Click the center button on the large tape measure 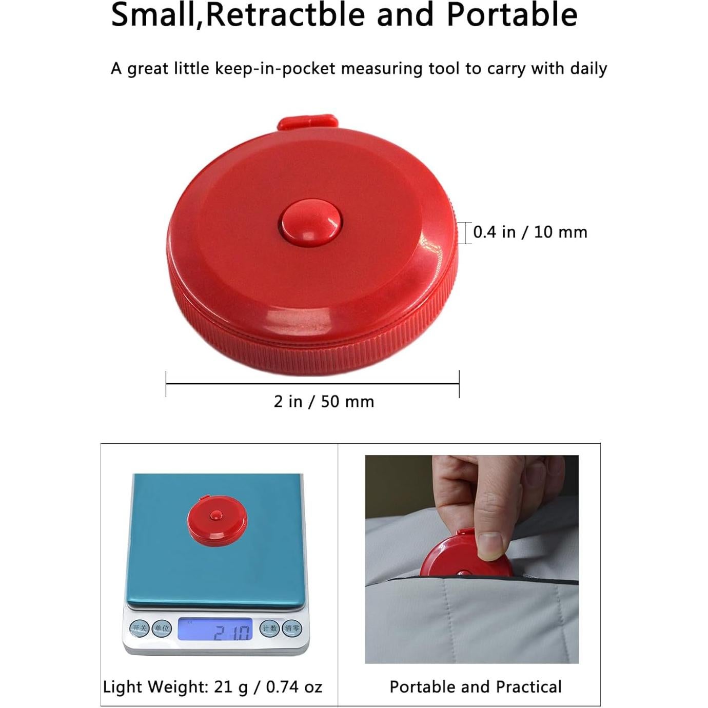309,222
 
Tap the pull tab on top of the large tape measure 308,123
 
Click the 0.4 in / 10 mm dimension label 529,232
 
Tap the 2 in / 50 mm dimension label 324,401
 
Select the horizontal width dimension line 312,383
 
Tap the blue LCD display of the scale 215,630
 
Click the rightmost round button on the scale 292,628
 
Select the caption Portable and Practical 476,686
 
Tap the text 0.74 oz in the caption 293,686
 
